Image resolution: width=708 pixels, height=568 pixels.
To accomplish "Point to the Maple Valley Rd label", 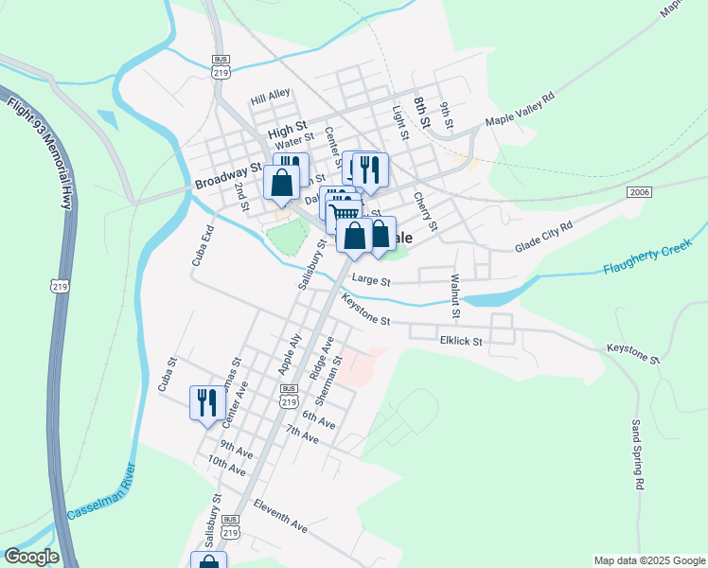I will [x=520, y=109].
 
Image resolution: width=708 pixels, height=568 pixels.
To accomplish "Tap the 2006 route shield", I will [x=639, y=192].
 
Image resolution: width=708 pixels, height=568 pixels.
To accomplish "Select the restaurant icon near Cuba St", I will [x=204, y=402].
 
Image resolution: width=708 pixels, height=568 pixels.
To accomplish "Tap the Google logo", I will [x=31, y=557].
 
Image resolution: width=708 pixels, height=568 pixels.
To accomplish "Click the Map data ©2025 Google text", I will [x=648, y=560].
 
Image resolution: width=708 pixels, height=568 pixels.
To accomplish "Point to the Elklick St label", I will [x=461, y=341].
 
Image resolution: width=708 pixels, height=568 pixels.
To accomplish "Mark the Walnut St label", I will [x=455, y=295].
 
